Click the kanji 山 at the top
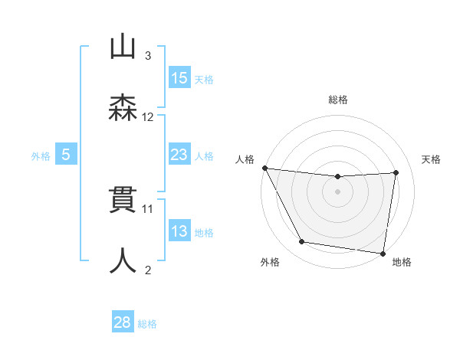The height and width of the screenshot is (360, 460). [123, 48]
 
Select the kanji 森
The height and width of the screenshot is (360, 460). [123, 109]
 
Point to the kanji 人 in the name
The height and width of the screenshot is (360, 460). [123, 261]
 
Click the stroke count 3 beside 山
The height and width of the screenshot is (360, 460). [148, 56]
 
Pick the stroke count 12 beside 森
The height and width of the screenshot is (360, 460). [148, 116]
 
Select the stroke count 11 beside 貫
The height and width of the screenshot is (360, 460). [148, 208]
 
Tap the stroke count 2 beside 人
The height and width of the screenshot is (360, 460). [148, 269]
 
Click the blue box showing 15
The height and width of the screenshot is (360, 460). [179, 78]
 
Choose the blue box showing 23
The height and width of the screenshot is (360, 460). [179, 155]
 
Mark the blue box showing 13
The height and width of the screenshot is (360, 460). [179, 231]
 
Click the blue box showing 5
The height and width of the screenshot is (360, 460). [66, 155]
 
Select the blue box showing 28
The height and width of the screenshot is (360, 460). [123, 322]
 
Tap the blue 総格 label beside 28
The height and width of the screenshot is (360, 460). [147, 324]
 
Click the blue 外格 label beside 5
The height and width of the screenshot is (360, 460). [41, 156]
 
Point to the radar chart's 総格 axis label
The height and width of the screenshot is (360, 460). [338, 100]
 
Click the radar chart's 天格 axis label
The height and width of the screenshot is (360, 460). [431, 159]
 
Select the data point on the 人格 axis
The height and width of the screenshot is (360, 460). [264, 168]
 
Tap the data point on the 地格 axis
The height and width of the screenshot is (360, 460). [383, 253]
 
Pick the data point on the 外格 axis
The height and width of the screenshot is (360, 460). [301, 243]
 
